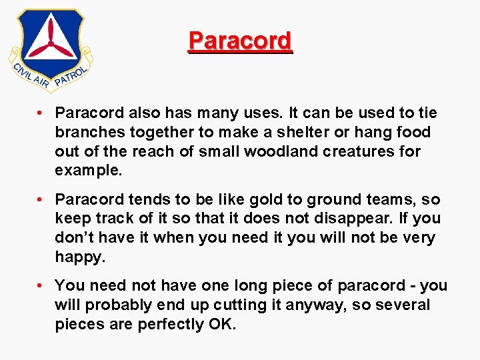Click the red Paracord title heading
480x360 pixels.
pyautogui.click(x=240, y=41)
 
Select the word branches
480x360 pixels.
pyautogui.click(x=87, y=132)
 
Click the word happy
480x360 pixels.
pyautogui.click(x=79, y=257)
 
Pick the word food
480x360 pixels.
pyautogui.click(x=413, y=132)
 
